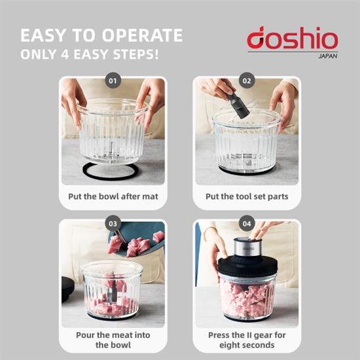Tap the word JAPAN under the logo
click(328, 56)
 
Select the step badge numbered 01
click(113, 81)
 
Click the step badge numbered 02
click(247, 81)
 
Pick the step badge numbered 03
click(113, 223)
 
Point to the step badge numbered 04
click(247, 223)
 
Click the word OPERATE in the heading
click(142, 35)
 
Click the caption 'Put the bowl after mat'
click(113, 196)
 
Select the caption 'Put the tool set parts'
click(247, 196)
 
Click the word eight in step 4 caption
click(230, 346)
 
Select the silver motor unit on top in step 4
click(248, 247)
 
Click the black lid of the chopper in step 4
click(247, 266)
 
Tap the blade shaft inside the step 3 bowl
click(113, 287)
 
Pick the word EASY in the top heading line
click(43, 35)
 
